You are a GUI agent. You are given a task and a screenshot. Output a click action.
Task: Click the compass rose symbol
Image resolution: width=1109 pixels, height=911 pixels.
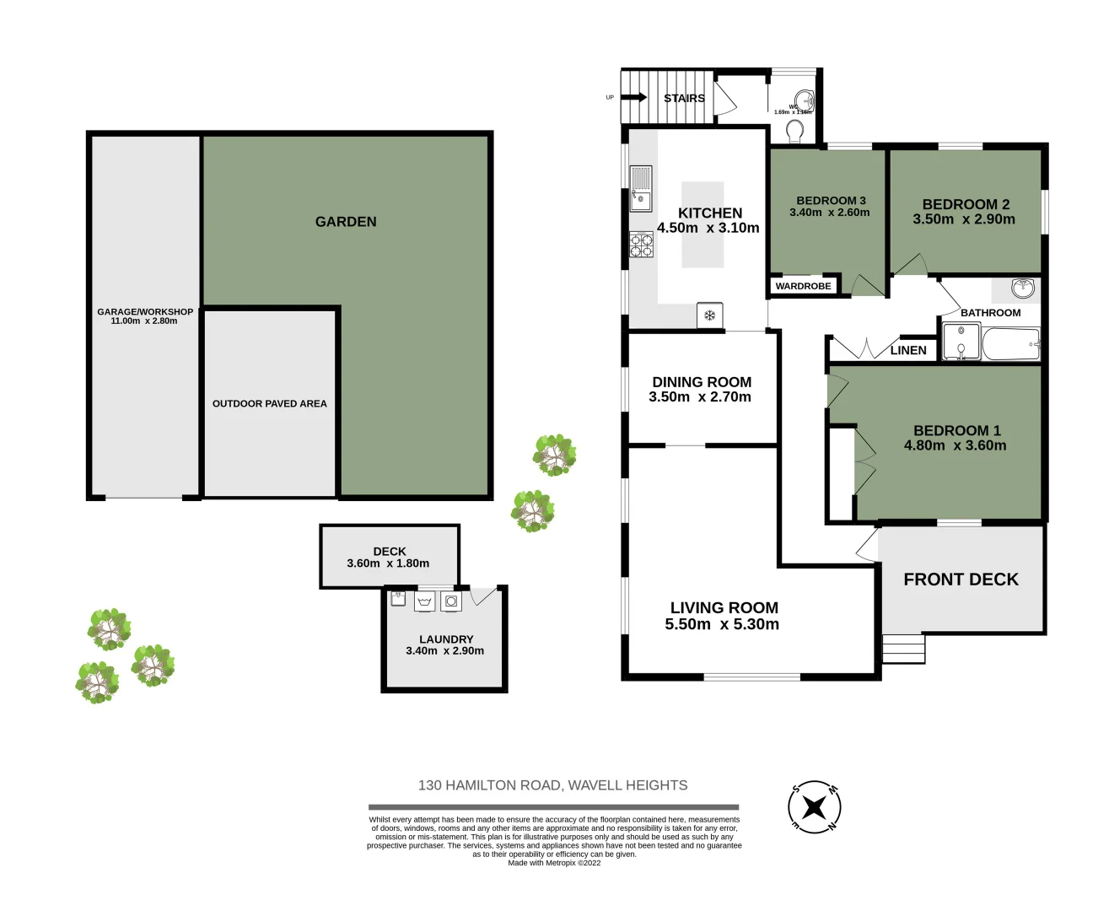814,806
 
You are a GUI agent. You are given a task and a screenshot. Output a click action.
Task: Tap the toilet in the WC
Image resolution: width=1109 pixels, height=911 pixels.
794,131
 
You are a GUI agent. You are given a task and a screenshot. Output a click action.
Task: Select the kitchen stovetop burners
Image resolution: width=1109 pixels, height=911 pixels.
641,245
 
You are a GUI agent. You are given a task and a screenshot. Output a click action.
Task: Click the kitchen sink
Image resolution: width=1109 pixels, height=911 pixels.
640,189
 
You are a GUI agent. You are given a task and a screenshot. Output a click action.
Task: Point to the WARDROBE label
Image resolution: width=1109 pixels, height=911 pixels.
803,286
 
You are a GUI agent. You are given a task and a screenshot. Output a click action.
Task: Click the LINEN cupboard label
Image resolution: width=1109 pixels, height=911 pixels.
908,350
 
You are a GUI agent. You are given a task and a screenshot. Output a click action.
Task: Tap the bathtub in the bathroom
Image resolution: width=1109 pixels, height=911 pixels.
1010,344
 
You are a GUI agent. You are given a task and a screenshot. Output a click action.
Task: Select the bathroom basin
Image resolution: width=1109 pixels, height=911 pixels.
1023,288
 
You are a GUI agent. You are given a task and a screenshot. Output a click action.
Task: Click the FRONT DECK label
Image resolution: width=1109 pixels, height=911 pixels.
961,579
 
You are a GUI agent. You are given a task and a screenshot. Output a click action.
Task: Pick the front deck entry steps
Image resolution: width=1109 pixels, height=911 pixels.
903,649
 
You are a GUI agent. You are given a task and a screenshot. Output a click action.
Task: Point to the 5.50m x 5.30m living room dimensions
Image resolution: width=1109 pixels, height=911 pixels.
722,625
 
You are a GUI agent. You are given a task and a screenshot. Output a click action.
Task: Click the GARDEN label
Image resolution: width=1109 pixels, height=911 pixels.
346,222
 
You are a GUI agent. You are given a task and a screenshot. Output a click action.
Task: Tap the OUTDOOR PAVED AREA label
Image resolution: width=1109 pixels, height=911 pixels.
269,403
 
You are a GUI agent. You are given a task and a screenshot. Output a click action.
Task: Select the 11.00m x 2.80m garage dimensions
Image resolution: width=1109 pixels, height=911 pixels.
144,321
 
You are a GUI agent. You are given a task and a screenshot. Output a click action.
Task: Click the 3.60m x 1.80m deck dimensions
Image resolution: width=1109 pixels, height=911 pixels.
388,563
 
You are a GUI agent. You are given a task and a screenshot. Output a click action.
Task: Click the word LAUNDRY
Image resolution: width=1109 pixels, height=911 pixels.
446,639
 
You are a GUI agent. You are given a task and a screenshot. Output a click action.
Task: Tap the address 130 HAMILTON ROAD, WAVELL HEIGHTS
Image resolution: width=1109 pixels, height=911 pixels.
552,785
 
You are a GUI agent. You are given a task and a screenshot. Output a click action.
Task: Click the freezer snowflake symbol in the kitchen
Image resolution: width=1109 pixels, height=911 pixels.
709,315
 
